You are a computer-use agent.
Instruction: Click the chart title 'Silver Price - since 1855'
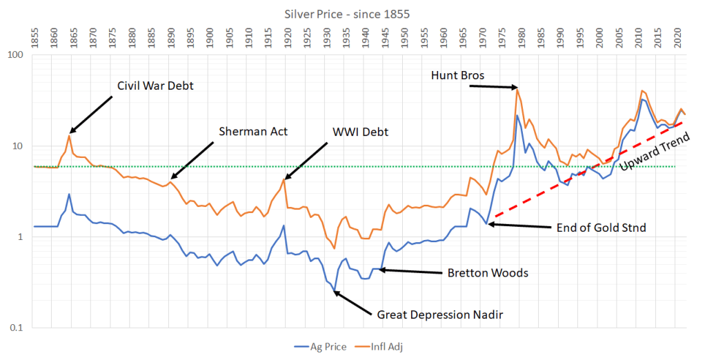coord(352,13)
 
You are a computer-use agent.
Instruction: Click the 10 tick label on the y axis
coord(20,146)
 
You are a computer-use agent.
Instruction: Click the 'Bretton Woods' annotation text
coord(486,272)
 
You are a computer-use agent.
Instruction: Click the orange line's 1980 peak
coord(517,88)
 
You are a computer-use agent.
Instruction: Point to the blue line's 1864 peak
coord(69,194)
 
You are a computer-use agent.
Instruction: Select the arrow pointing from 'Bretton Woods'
coord(410,271)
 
